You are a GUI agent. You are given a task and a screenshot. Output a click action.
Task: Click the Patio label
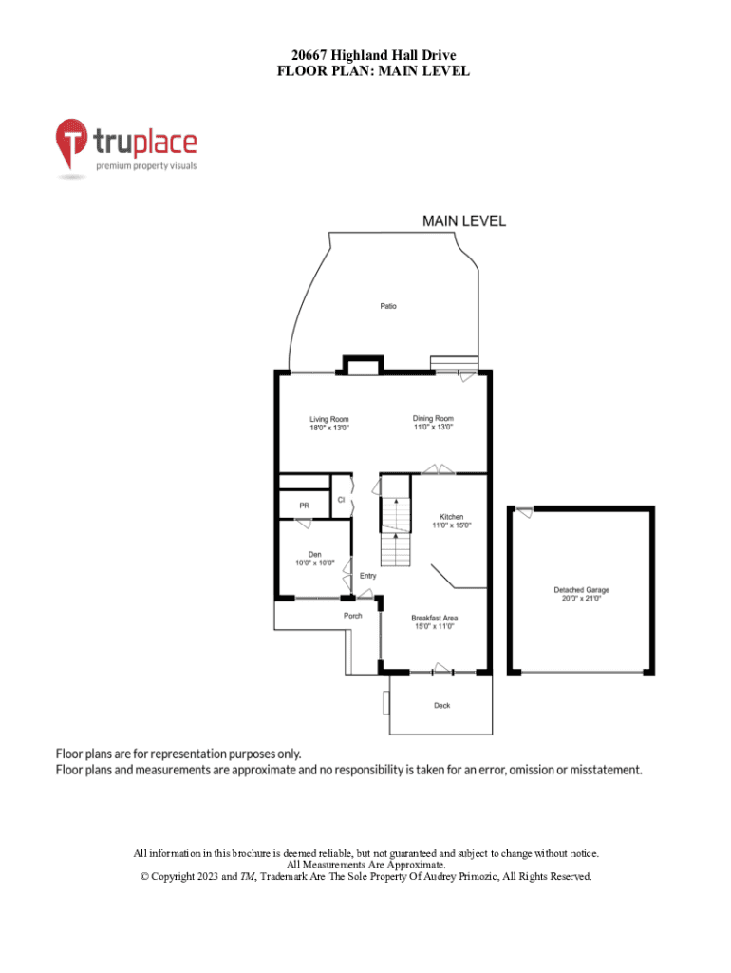[x=388, y=306]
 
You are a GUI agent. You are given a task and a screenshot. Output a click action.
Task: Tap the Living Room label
[x=329, y=419]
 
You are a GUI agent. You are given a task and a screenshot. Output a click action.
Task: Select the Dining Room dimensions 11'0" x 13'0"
[x=434, y=427]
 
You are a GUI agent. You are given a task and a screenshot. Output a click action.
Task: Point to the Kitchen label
[x=451, y=517]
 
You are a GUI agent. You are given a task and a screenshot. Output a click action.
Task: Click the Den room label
[x=315, y=555]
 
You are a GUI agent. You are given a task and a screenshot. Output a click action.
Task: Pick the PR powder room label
[x=305, y=506]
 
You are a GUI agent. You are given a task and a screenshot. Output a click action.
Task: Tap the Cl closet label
[x=341, y=500]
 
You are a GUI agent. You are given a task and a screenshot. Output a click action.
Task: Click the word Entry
[x=367, y=576]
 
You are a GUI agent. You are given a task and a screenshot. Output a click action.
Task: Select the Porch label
[x=353, y=616]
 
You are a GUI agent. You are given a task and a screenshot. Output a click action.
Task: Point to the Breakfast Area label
[x=435, y=618]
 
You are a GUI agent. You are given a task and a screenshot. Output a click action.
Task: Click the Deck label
[x=442, y=706]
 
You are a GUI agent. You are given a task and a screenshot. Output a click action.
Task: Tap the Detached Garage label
[x=582, y=590]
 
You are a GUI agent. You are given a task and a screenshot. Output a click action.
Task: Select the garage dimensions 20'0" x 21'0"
[x=582, y=599]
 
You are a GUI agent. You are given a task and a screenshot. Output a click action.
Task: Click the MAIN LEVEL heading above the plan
[x=464, y=221]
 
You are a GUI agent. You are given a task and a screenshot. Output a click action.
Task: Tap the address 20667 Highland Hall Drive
[x=373, y=56]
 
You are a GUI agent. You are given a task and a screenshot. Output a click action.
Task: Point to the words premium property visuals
[x=146, y=165]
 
